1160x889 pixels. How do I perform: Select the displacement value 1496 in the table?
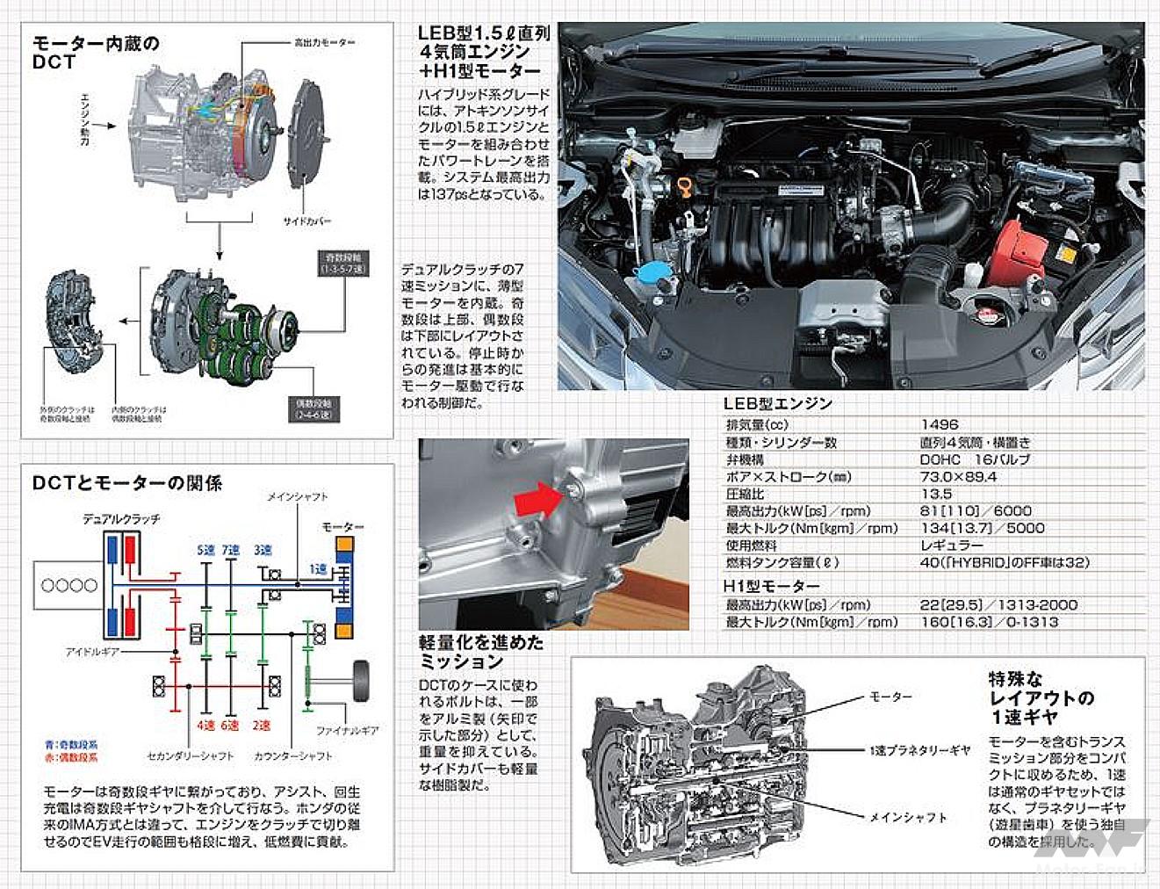pos(939,424)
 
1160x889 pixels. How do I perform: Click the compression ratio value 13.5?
pos(935,494)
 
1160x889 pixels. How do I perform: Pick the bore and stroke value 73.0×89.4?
pos(958,476)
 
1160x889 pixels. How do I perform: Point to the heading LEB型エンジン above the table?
pos(777,403)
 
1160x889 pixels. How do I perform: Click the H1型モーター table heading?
pos(771,586)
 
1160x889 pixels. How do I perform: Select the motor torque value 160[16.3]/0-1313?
pos(989,622)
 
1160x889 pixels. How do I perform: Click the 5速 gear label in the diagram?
pos(206,550)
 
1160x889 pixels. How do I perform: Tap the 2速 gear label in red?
pos(262,726)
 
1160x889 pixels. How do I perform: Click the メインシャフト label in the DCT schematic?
pos(298,497)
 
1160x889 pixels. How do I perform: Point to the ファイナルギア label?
pos(347,730)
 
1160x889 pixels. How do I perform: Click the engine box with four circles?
pos(69,585)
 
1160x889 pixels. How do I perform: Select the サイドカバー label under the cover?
pos(306,221)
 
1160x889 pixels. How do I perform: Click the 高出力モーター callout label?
pos(324,42)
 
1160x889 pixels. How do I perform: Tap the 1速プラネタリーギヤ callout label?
pos(919,750)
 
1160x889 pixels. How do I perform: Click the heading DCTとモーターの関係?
pos(127,482)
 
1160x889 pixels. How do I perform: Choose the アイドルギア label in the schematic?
pos(92,652)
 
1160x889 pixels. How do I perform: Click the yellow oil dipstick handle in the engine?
pos(681,186)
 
